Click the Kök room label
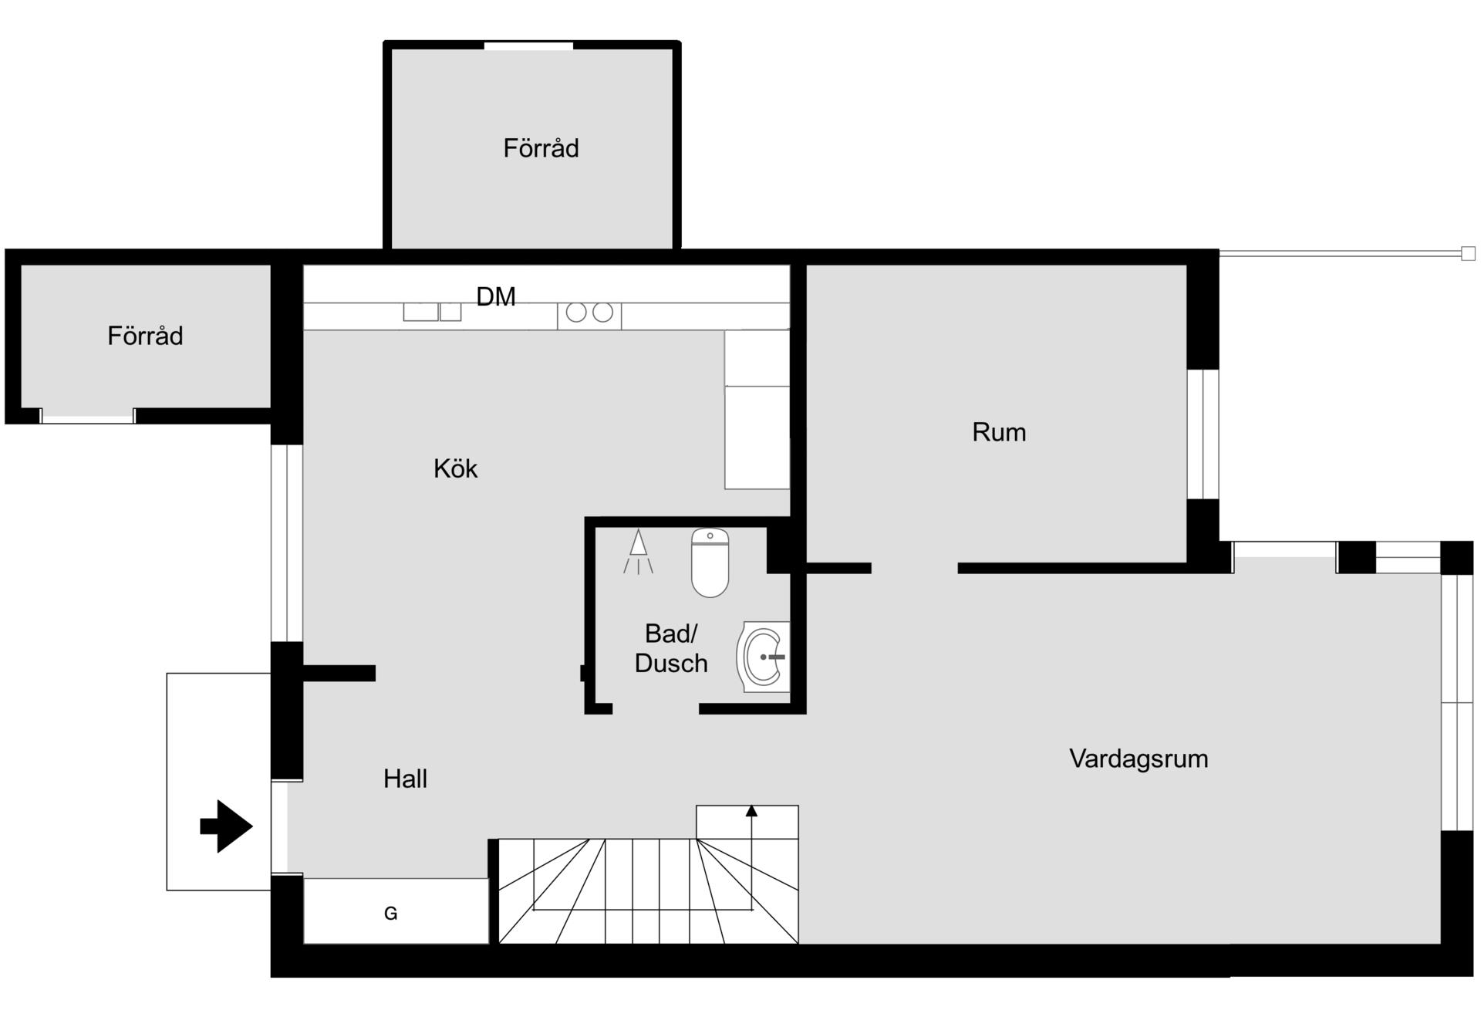[x=455, y=468]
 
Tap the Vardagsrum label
[x=1139, y=759]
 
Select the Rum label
[x=999, y=432]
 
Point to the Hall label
[x=405, y=779]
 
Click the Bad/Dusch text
[x=671, y=648]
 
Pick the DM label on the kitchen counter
[x=496, y=296]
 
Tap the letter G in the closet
[x=391, y=914]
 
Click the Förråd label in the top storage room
[x=541, y=148]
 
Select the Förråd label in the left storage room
[x=145, y=336]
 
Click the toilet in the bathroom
[x=710, y=563]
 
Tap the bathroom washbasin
[x=764, y=657]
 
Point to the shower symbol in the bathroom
[x=638, y=551]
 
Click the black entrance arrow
[x=226, y=826]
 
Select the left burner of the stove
[x=576, y=313]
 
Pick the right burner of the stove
[x=603, y=313]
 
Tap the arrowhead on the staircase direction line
[x=751, y=810]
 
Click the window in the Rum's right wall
[x=1203, y=434]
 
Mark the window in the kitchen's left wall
[x=286, y=543]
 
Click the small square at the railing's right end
[x=1469, y=253]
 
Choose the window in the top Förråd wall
[x=528, y=46]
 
